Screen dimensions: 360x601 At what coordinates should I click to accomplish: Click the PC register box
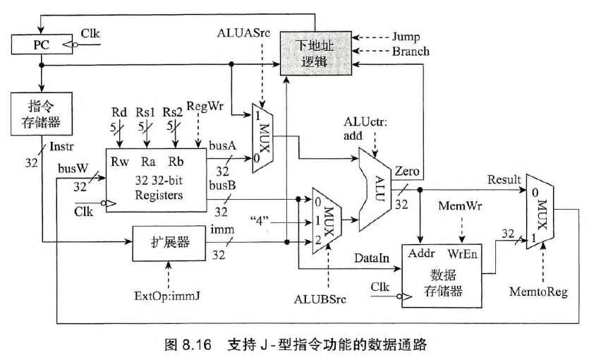coord(40,44)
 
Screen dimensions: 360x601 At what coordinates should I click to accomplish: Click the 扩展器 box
coord(168,244)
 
